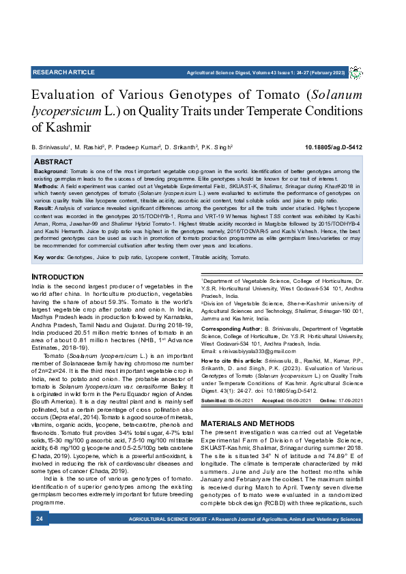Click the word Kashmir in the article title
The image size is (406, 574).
click(61, 127)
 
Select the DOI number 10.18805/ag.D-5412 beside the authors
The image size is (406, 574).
click(333, 147)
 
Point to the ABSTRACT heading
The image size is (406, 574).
click(53, 162)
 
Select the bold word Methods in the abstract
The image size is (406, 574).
click(46, 185)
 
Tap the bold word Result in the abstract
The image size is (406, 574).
click(43, 207)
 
